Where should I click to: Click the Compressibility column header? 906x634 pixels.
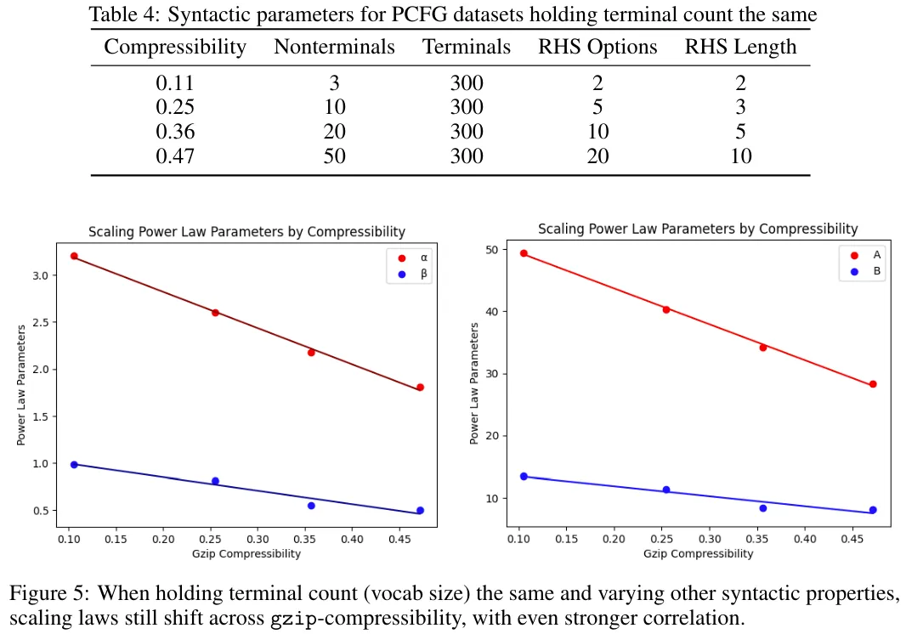pyautogui.click(x=175, y=47)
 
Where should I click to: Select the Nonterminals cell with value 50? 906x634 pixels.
pyautogui.click(x=334, y=156)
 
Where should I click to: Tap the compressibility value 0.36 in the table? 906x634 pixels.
pyautogui.click(x=175, y=132)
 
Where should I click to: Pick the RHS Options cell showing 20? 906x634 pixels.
pyautogui.click(x=597, y=156)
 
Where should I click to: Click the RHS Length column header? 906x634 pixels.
pyautogui.click(x=740, y=47)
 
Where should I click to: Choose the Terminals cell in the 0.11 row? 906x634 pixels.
pyautogui.click(x=466, y=83)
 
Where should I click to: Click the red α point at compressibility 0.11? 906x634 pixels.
pyautogui.click(x=74, y=256)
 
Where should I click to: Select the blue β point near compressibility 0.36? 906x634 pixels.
pyautogui.click(x=311, y=506)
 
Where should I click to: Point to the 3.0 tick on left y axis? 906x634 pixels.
pyautogui.click(x=50, y=275)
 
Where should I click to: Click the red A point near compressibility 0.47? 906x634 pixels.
pyautogui.click(x=873, y=384)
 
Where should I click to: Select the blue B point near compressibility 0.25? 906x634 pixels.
pyautogui.click(x=666, y=490)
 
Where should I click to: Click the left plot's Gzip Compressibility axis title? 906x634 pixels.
pyautogui.click(x=246, y=554)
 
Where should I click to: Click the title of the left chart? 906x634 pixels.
pyautogui.click(x=246, y=232)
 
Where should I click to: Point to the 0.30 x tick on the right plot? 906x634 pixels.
pyautogui.click(x=709, y=539)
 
